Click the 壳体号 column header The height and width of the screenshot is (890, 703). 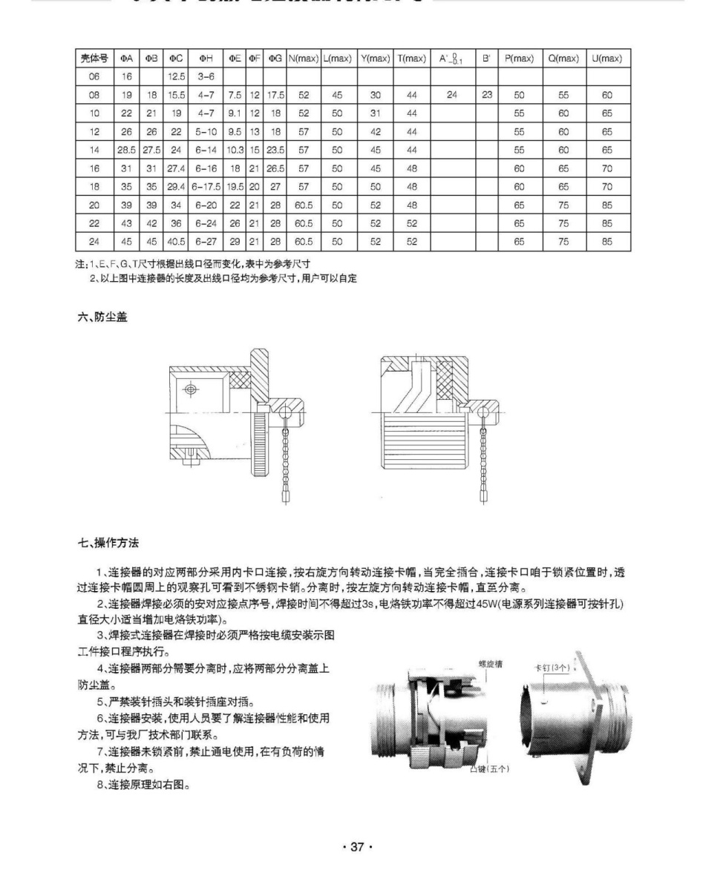pos(94,58)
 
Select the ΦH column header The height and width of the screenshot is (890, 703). pos(206,58)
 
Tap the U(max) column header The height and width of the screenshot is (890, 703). pos(606,58)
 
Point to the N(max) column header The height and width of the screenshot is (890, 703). pos(303,58)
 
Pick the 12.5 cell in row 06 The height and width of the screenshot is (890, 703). pos(176,76)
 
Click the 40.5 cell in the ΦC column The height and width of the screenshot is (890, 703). pos(176,243)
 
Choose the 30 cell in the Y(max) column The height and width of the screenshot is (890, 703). pos(374,95)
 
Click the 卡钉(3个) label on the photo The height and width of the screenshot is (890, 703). pos(552,667)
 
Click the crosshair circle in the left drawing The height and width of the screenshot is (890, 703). pos(192,389)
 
